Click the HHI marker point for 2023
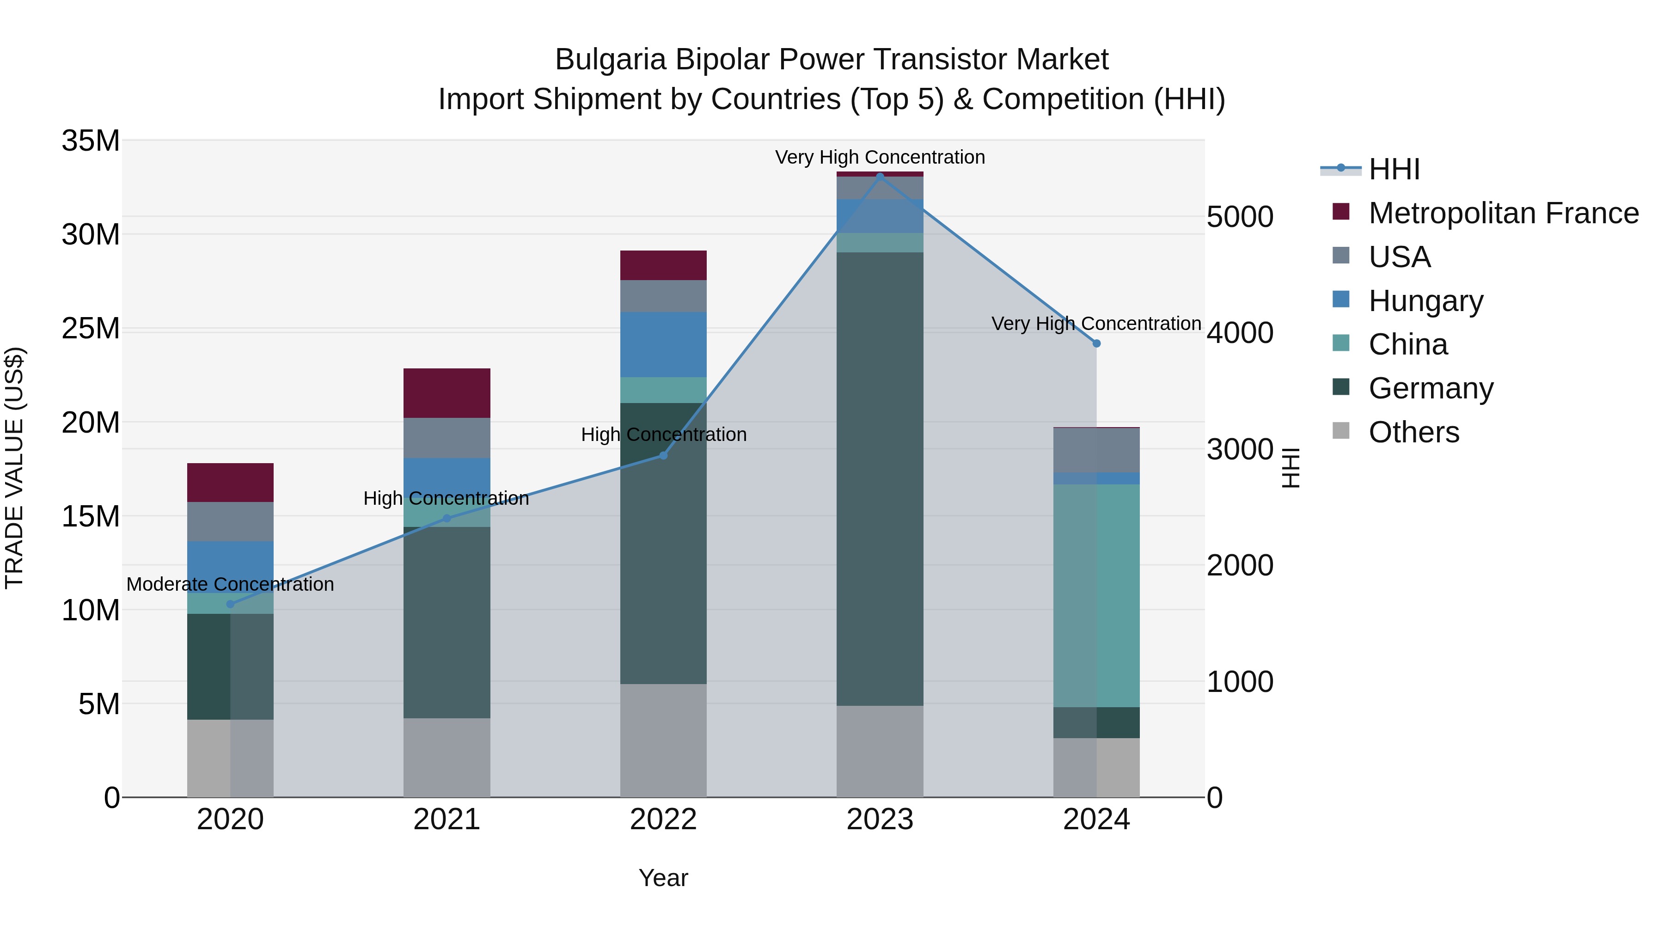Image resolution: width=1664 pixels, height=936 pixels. (879, 177)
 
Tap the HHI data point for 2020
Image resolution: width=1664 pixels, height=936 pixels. (230, 604)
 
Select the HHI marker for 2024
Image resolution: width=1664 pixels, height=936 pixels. (1096, 343)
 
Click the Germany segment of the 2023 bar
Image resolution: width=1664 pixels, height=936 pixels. (879, 478)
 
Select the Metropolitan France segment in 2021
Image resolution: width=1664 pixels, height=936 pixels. (447, 393)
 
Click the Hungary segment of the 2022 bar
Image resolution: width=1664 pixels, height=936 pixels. (663, 344)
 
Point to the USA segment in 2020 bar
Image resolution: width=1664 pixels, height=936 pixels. (230, 521)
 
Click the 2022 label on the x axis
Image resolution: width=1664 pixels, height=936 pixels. (663, 820)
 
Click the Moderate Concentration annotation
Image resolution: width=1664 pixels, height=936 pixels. (230, 584)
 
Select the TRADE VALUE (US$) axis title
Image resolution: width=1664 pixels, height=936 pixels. (14, 468)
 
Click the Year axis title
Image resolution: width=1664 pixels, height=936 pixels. (663, 878)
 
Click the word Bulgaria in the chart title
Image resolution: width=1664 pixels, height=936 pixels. (610, 60)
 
